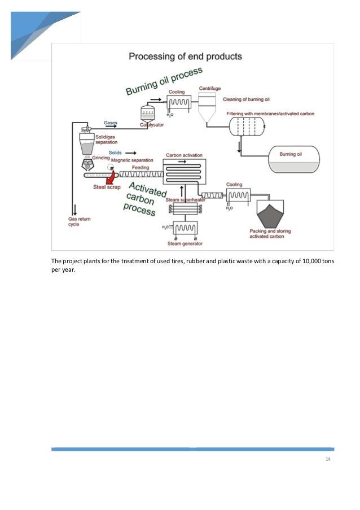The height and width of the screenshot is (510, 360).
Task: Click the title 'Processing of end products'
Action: click(x=186, y=56)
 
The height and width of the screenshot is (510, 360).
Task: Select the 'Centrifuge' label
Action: click(x=210, y=89)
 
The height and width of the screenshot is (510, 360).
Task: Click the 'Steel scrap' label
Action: click(x=107, y=187)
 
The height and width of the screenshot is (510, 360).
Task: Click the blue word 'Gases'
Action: click(x=111, y=122)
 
